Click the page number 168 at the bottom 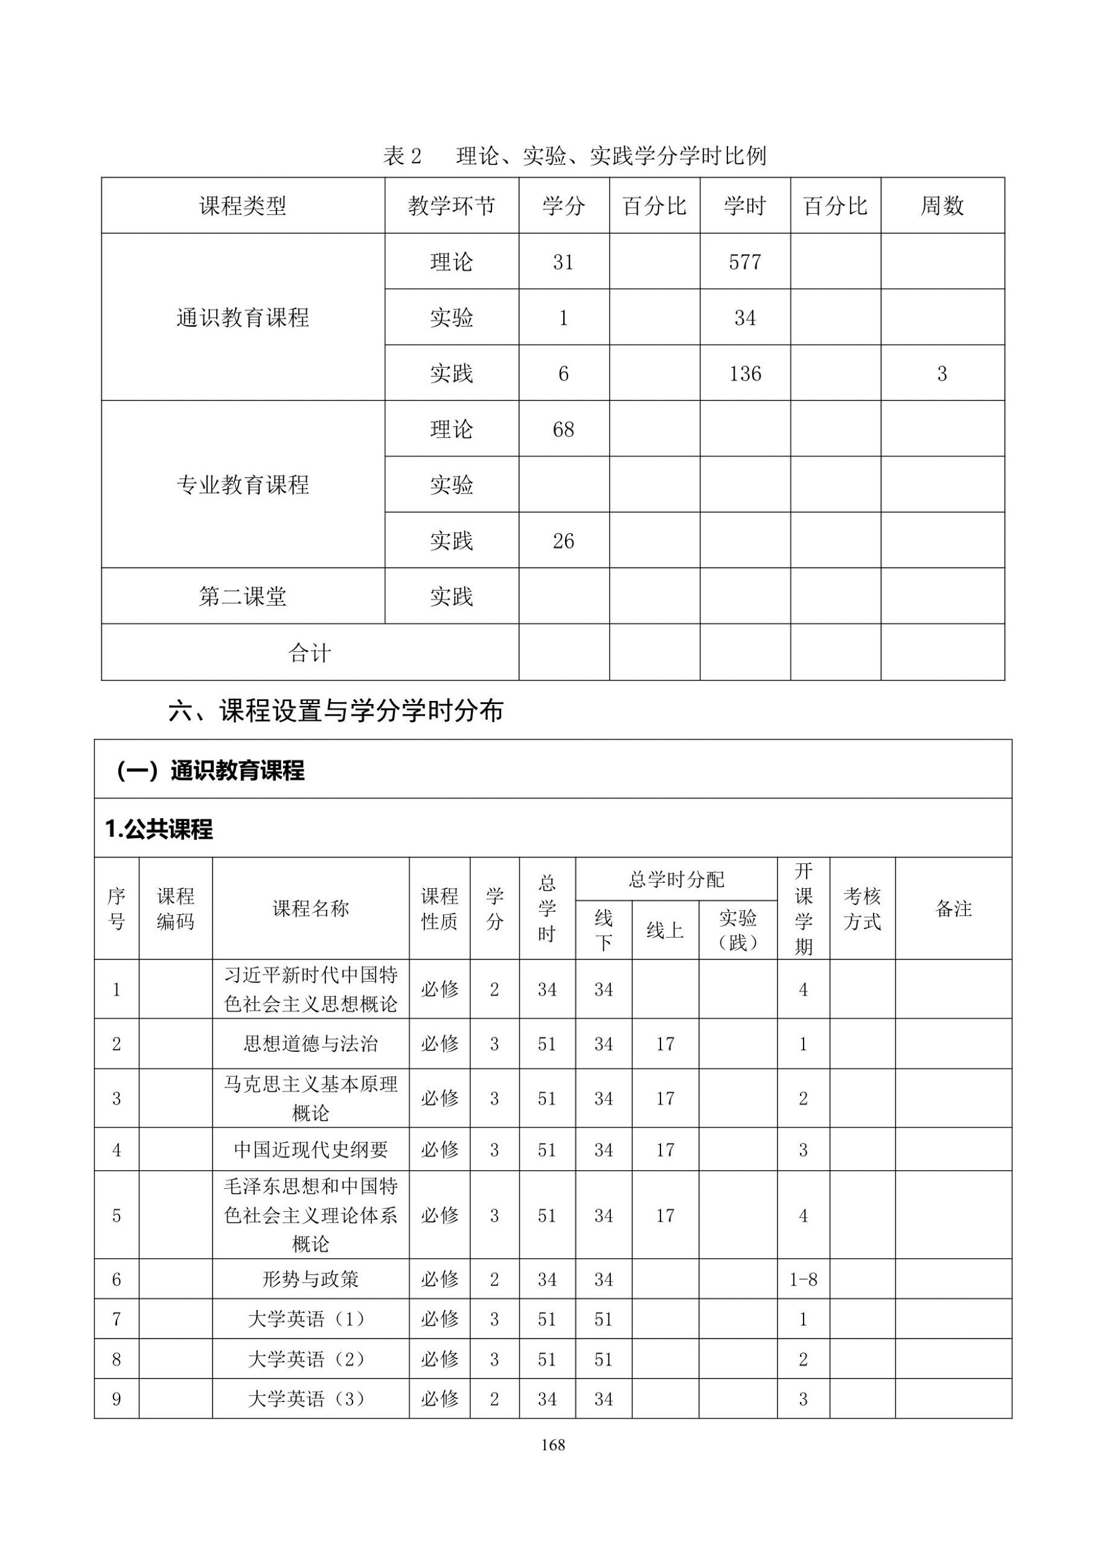click(x=552, y=1444)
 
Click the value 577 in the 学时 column click(x=744, y=262)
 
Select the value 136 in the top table click(x=744, y=374)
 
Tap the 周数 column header click(x=942, y=206)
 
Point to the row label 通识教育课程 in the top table click(x=243, y=318)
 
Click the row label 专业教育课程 click(x=243, y=485)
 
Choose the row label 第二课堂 click(x=243, y=597)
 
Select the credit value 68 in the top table click(x=563, y=429)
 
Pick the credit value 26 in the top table click(x=563, y=541)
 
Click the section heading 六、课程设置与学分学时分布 click(x=335, y=711)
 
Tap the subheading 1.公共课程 click(x=159, y=830)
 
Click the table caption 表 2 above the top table click(x=402, y=156)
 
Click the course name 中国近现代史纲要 click(x=310, y=1150)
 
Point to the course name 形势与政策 click(x=310, y=1279)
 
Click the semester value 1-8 click(x=803, y=1279)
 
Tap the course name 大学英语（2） click(x=310, y=1359)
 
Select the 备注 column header click(x=953, y=909)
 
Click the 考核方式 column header click(x=862, y=909)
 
